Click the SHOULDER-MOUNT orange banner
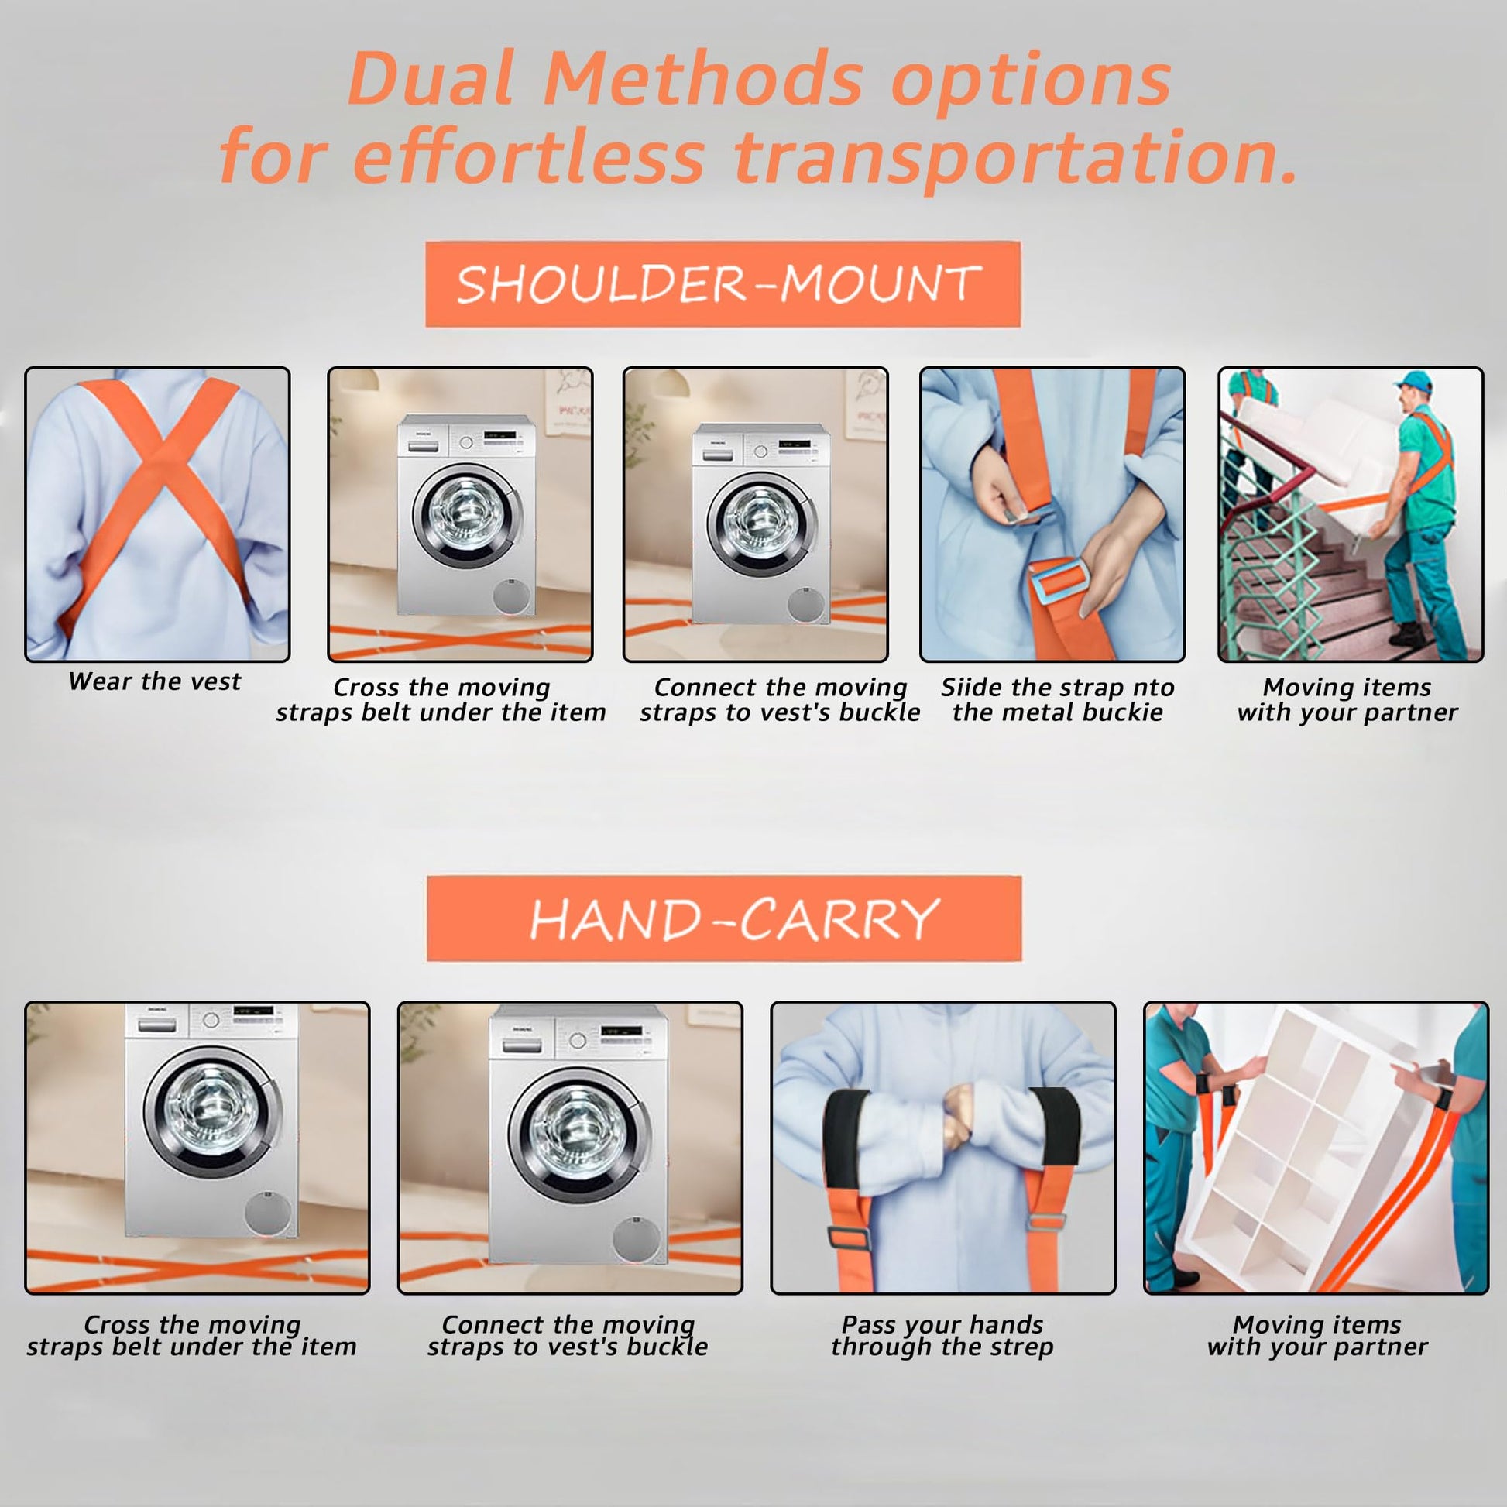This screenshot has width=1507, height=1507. pyautogui.click(x=723, y=284)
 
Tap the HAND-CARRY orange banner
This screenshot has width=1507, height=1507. pyautogui.click(x=724, y=918)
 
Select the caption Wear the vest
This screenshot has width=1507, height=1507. pyautogui.click(x=154, y=681)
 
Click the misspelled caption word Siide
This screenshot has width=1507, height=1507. pyautogui.click(x=970, y=687)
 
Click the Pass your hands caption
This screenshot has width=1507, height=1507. pyautogui.click(x=942, y=1324)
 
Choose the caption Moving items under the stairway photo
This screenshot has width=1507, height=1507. pyautogui.click(x=1347, y=687)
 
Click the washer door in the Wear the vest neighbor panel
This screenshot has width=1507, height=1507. pyautogui.click(x=465, y=517)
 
